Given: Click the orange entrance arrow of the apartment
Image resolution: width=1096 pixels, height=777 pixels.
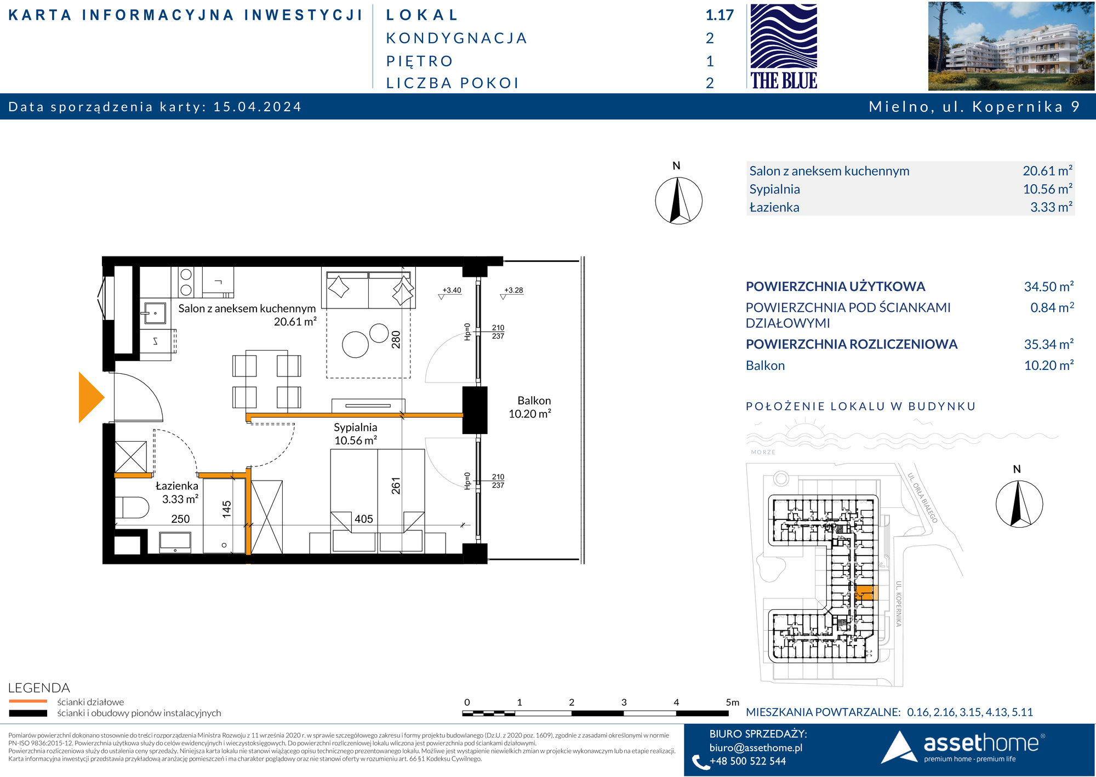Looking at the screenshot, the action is (90, 397).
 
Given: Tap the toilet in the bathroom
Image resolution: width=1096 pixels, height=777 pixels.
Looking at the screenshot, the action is (132, 507).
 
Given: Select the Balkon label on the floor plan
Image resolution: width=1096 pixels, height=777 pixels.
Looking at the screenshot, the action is (534, 401).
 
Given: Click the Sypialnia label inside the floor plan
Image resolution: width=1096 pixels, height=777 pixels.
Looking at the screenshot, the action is (356, 427).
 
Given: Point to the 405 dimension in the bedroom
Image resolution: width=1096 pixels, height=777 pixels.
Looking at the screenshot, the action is (364, 518).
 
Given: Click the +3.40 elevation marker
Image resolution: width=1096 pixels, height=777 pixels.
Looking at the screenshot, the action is (452, 290).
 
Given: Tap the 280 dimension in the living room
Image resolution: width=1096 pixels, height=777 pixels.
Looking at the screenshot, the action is (396, 340).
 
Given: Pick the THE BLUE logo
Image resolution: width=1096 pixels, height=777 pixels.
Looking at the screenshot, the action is (784, 47).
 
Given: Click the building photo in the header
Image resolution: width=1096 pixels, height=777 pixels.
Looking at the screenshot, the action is (1011, 46).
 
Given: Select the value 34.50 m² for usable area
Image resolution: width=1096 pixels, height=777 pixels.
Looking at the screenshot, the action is (1049, 286).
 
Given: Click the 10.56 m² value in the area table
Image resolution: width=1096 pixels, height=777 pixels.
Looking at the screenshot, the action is (1048, 189).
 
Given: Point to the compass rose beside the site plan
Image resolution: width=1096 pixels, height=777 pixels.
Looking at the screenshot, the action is (1019, 504).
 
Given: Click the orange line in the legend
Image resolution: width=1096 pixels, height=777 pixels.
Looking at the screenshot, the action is (28, 701).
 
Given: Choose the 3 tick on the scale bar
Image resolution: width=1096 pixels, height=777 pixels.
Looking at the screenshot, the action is (624, 702).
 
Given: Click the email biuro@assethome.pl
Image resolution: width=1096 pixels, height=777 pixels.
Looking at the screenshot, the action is (756, 747).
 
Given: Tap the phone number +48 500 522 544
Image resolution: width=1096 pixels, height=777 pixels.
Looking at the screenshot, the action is (747, 761).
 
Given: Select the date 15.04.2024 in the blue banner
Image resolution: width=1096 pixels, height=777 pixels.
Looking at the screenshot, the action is (258, 106).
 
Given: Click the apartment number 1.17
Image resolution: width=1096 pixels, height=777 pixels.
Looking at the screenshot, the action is (720, 15).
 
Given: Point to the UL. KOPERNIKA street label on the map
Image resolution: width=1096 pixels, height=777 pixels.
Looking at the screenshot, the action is (898, 604).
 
